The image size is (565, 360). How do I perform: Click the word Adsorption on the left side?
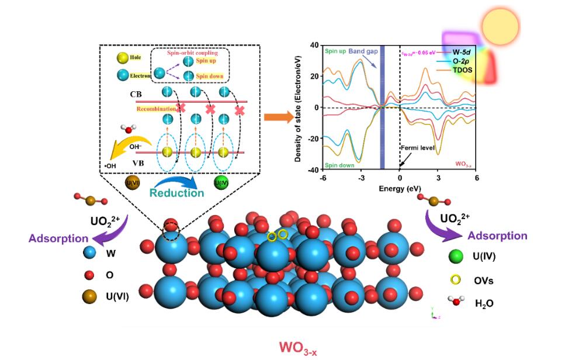click(x=58, y=238)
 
